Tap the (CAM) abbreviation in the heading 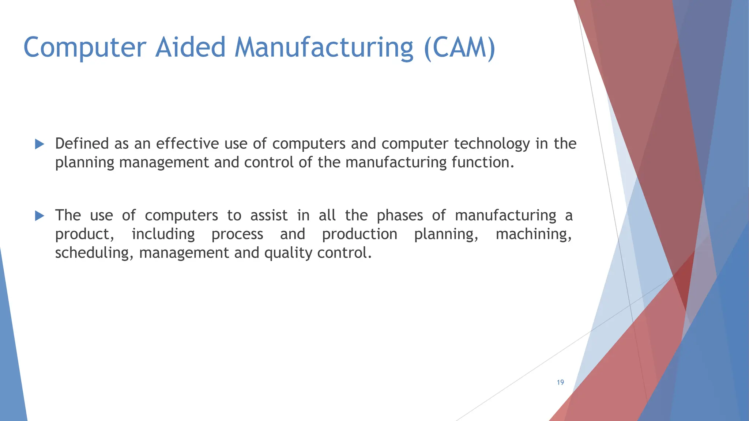pyautogui.click(x=459, y=48)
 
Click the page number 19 pyautogui.click(x=560, y=382)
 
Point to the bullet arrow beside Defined pyautogui.click(x=39, y=144)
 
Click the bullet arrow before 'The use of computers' pyautogui.click(x=39, y=216)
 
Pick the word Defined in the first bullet pyautogui.click(x=82, y=144)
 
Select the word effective pyautogui.click(x=187, y=144)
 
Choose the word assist pyautogui.click(x=269, y=215)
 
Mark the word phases pyautogui.click(x=400, y=216)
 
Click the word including pyautogui.click(x=163, y=234)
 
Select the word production pyautogui.click(x=360, y=234)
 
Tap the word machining pyautogui.click(x=533, y=234)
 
